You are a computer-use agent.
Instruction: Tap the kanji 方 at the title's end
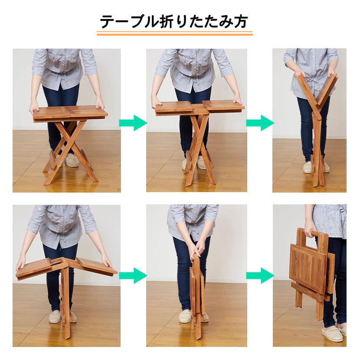point(240,22)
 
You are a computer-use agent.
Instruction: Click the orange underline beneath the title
point(174,33)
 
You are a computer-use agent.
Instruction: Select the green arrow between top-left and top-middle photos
point(133,123)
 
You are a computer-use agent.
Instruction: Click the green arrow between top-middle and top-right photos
point(260,123)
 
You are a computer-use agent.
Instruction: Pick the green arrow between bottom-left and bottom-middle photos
point(133,275)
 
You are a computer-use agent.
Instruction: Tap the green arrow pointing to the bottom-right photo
point(260,275)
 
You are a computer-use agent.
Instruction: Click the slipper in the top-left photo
point(72,160)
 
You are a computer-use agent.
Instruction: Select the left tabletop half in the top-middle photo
point(174,107)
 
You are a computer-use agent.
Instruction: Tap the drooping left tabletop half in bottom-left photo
point(33,268)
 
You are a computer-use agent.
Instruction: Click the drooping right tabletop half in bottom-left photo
point(97,266)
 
